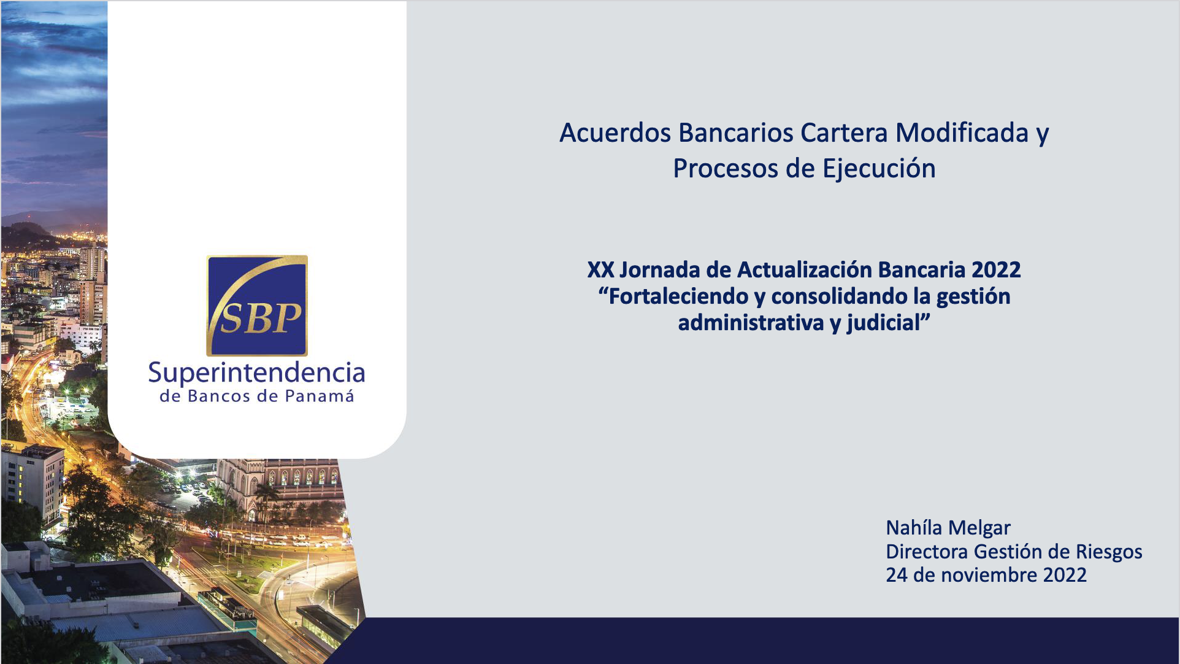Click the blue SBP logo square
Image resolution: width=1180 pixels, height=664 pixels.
257,306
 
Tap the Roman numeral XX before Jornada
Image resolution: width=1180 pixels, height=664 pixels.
600,269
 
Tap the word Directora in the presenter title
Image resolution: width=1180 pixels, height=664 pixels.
927,552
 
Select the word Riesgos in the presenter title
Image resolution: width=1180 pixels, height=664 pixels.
1109,552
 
